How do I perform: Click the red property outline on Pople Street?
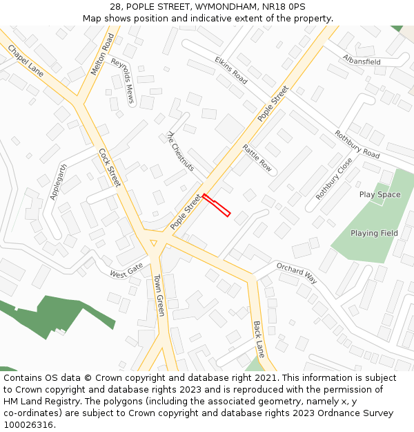[x=216, y=205]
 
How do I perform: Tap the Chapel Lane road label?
[x=26, y=61]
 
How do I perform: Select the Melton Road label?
[x=102, y=54]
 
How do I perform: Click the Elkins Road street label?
[x=230, y=70]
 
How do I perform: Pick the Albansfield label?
[x=362, y=61]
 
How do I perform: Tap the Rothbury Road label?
[x=357, y=144]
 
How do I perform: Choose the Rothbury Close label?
[x=334, y=178]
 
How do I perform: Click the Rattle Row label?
[x=257, y=158]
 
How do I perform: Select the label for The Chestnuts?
[x=181, y=151]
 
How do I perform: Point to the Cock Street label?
[x=110, y=167]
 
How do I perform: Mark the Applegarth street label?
[x=59, y=182]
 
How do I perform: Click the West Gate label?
[x=126, y=270]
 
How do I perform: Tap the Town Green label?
[x=159, y=295]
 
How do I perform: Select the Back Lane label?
[x=259, y=335]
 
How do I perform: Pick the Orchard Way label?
[x=297, y=273]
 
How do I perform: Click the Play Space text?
[x=379, y=194]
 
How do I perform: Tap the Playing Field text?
[x=374, y=233]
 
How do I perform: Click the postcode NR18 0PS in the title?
[x=284, y=6]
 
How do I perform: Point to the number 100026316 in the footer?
[x=28, y=425]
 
